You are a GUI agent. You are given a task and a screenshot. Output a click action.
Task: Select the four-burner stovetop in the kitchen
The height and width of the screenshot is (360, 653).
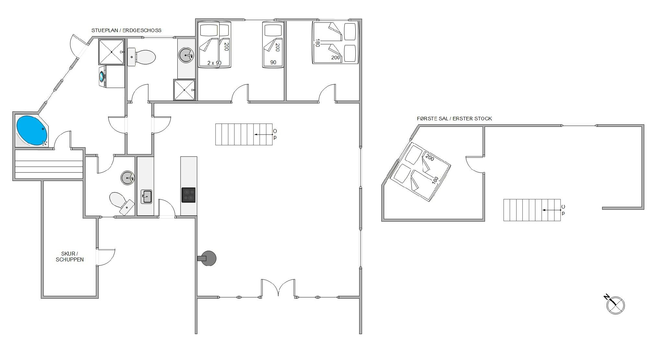tap(188, 195)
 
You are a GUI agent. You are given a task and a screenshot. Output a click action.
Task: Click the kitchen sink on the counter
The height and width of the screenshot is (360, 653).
tap(146, 197)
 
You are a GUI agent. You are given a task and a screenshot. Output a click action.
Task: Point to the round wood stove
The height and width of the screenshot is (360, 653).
tap(208, 258)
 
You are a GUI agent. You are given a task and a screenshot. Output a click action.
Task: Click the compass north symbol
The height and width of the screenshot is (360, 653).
tap(615, 305)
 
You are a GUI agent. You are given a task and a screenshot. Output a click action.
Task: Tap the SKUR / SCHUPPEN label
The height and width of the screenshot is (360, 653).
tap(70, 257)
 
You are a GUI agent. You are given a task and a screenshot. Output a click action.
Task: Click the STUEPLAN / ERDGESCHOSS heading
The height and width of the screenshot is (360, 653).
tap(126, 30)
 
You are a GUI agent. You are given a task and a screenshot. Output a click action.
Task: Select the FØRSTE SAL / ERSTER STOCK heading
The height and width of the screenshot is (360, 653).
tap(454, 119)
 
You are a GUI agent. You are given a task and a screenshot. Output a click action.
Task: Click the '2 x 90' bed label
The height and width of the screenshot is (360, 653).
tap(214, 63)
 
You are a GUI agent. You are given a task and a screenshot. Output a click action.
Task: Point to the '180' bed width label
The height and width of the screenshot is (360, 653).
tap(317, 43)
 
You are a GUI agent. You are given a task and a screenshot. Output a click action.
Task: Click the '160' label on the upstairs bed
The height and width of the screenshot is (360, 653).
tap(435, 180)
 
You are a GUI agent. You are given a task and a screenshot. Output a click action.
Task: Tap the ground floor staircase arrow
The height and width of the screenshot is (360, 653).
tap(263, 134)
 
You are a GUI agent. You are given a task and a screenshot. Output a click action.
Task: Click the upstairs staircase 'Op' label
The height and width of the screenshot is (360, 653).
tap(563, 210)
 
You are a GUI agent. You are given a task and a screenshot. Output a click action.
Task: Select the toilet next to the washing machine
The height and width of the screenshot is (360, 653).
tap(141, 57)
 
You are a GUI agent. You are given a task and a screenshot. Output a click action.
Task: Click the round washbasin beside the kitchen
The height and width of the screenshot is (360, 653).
tap(128, 178)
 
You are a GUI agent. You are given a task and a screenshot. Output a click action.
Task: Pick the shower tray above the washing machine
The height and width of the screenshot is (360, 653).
tap(112, 52)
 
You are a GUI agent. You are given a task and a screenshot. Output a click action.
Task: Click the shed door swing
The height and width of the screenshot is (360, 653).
tap(106, 257)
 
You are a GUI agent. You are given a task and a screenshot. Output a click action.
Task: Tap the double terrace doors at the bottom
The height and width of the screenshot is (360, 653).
tap(278, 288)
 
